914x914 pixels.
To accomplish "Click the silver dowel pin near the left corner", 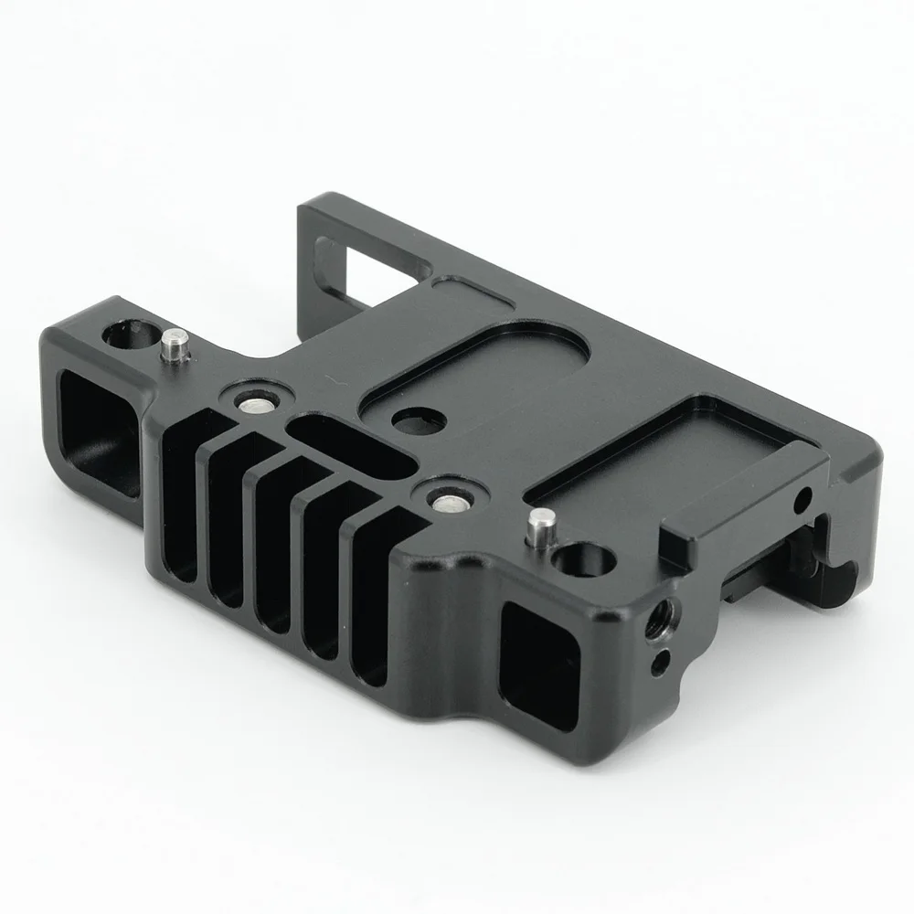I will click(x=174, y=347).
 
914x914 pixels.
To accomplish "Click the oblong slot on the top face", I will click(x=347, y=448).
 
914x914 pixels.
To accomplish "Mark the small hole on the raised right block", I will click(x=803, y=500).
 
